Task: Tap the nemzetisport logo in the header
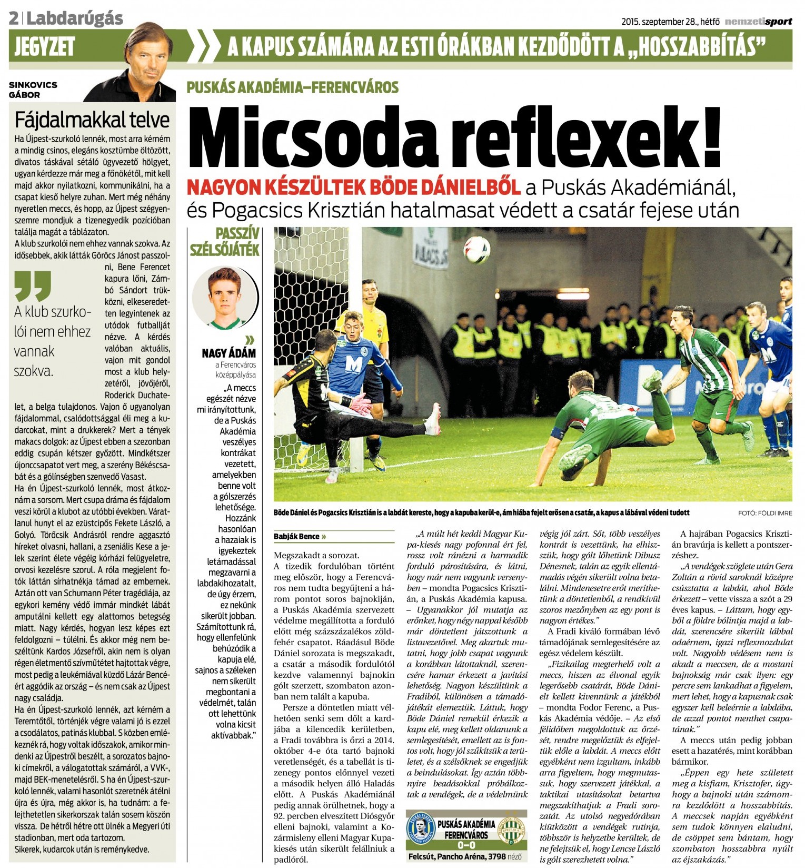coord(758,22)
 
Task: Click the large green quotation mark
coord(33,286)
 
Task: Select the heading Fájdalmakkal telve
coord(92,120)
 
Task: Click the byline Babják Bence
coord(297,536)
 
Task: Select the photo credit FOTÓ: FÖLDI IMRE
coord(765,513)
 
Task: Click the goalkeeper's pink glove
coord(361,405)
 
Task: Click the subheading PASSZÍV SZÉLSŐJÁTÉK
coord(225,241)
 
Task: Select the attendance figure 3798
coord(497,856)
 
